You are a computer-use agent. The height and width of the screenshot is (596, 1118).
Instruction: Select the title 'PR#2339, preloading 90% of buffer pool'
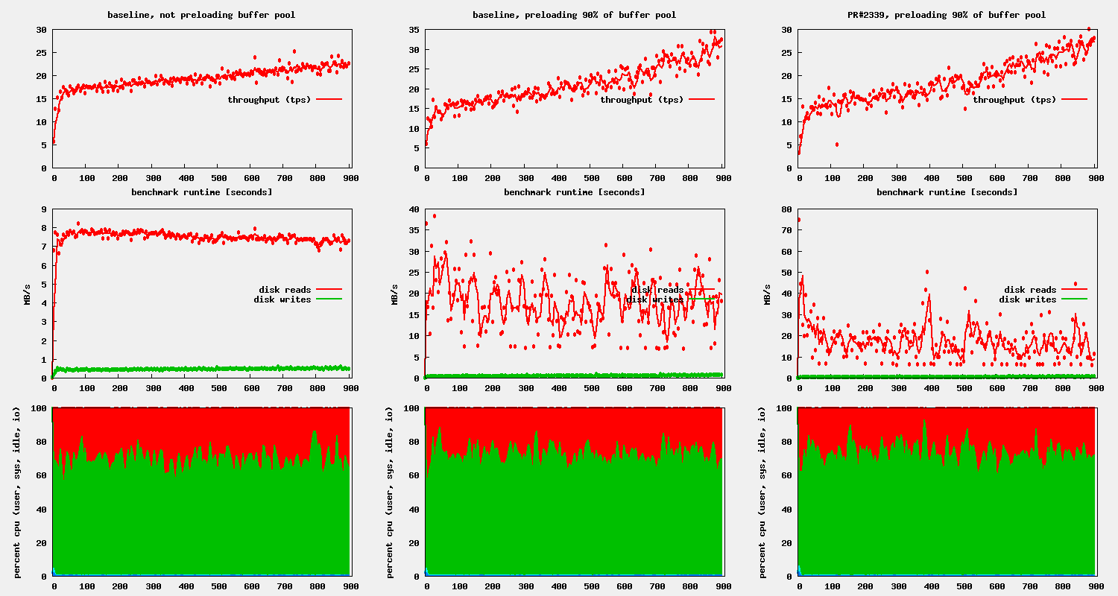(947, 15)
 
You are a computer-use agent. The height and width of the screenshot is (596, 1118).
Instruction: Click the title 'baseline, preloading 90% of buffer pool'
(574, 15)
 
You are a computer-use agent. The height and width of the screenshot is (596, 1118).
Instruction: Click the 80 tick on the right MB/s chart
(786, 209)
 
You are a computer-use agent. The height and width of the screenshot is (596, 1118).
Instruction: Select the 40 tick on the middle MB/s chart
(414, 209)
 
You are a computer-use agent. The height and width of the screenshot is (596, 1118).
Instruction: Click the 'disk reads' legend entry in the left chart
(285, 290)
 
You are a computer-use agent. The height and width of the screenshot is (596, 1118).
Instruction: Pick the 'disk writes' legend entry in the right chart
(1028, 299)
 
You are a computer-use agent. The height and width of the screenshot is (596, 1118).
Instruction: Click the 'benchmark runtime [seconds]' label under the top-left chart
(201, 192)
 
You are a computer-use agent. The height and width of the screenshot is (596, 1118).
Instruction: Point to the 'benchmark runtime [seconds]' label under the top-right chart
(947, 192)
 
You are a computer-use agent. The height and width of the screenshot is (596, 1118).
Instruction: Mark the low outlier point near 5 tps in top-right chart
(837, 145)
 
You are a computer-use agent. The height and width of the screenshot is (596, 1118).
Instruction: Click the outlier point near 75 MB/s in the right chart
(799, 220)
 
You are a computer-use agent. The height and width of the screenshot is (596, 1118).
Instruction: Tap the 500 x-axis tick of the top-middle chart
(591, 179)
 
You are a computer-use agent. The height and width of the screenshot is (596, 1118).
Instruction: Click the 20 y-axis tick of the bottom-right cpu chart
(786, 542)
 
